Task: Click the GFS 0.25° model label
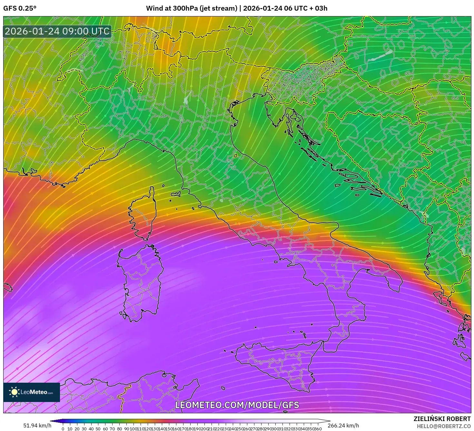pos(20,8)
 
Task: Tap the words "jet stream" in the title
pos(218,8)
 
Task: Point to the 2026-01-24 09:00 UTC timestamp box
pos(57,32)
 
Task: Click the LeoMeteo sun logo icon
pos(14,392)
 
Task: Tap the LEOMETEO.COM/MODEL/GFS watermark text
pos(237,405)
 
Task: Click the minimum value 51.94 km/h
pos(37,426)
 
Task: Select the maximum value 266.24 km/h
pos(343,426)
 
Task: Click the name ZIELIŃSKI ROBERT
pos(442,419)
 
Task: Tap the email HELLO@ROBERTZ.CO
pos(444,426)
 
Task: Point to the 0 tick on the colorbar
pos(63,429)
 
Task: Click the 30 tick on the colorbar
pos(84,429)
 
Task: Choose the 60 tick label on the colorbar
pos(105,429)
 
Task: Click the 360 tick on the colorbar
pos(318,429)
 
